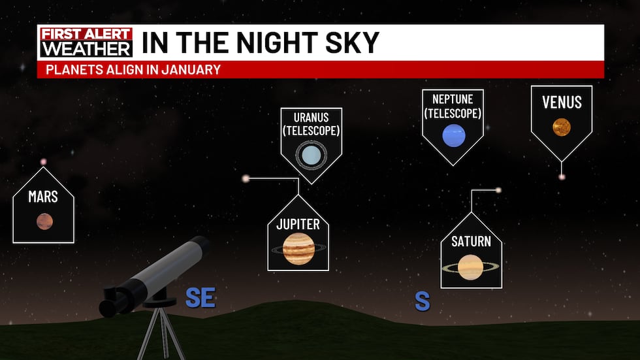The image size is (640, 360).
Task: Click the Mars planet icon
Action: pos(44,221)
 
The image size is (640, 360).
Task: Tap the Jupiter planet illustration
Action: pos(298,248)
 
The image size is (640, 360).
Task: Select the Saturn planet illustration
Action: pos(471,267)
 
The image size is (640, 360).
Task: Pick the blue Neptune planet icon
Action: pos(453,135)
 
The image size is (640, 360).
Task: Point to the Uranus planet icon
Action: pos(311,155)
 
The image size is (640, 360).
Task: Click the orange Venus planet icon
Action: pos(562,127)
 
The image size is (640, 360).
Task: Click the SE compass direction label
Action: pos(200,297)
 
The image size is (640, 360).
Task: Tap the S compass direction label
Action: pos(423,302)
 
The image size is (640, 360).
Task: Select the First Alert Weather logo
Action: pos(86,42)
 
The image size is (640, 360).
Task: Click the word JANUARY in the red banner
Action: pos(191,69)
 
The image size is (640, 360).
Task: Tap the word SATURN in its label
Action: pos(471,241)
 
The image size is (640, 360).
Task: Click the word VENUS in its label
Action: pos(562,102)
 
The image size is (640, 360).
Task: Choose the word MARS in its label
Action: pos(43,197)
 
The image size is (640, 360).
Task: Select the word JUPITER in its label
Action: pos(298,224)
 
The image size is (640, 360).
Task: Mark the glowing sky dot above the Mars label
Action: pos(43,162)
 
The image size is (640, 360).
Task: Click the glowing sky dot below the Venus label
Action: pos(562,177)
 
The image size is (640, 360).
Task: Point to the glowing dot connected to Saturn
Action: pos(498,190)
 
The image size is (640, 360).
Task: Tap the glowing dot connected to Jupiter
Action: pos(246,178)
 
